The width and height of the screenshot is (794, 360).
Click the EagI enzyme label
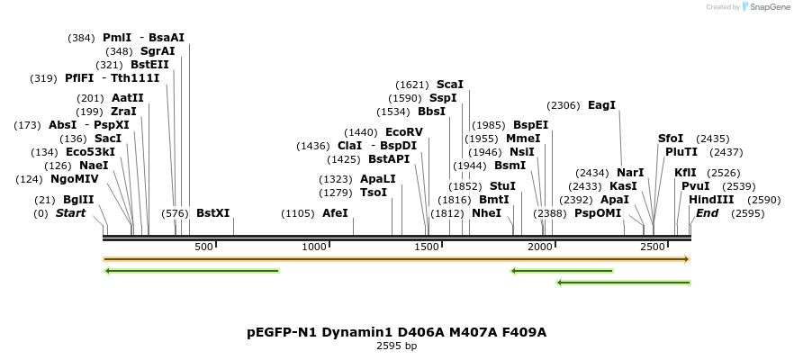[601, 105]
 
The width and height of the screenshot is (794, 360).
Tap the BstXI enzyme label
[213, 213]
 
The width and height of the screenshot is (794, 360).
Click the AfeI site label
[335, 213]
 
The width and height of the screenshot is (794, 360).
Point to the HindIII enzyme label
[711, 199]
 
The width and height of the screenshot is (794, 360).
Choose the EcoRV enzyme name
[403, 132]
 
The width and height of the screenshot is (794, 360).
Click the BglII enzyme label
[78, 199]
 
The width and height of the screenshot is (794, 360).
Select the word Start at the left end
[70, 213]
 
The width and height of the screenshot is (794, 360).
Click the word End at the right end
[707, 213]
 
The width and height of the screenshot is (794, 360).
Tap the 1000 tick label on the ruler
[314, 247]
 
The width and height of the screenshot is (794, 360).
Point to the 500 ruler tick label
[203, 247]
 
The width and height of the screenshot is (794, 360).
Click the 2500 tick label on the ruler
[652, 247]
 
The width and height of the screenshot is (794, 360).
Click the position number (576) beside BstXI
[175, 213]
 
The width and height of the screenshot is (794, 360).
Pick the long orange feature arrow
[396, 259]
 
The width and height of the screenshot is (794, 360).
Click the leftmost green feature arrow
[192, 270]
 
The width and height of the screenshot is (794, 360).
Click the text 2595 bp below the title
[396, 346]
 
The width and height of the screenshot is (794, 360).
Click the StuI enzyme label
[502, 185]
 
